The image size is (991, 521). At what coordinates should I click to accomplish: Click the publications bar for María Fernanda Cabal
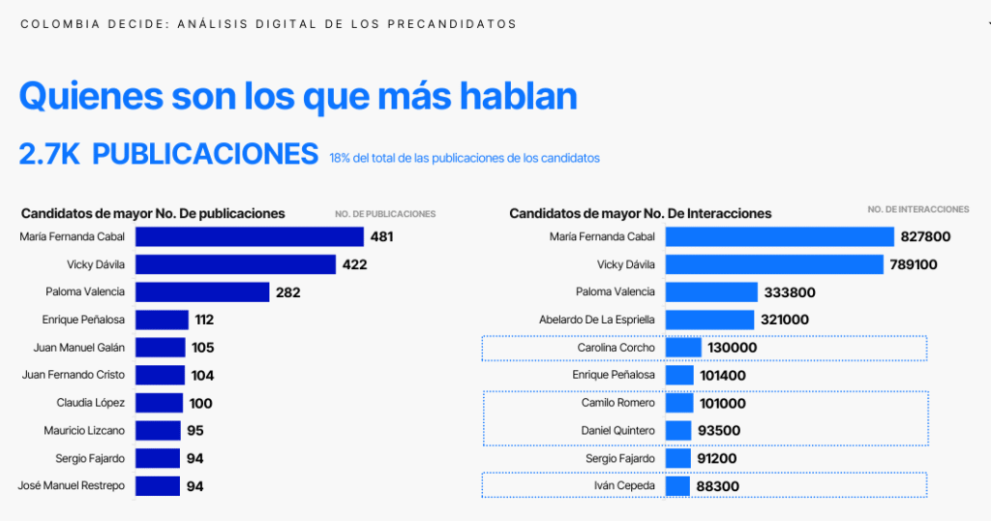[249, 236]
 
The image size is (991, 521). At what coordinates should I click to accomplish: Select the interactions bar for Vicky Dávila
[774, 264]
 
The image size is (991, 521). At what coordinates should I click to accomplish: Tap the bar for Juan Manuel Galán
[160, 348]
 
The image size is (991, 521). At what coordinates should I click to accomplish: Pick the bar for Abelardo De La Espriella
[709, 320]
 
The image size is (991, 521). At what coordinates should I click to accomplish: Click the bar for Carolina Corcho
[683, 348]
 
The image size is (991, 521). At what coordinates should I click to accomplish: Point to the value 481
[381, 236]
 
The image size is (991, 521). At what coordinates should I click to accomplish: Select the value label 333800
[789, 292]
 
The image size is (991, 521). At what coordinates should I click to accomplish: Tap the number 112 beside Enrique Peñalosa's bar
[204, 320]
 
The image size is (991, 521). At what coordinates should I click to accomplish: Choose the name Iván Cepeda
[625, 485]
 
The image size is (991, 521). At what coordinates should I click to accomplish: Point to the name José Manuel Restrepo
[72, 486]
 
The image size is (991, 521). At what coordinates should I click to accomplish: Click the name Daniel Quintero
[618, 430]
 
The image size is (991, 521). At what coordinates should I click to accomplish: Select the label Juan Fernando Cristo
[73, 375]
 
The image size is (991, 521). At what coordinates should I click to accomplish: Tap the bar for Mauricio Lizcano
[158, 431]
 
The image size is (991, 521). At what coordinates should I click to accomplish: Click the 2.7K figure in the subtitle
[49, 154]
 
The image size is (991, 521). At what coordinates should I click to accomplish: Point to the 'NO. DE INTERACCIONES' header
[917, 209]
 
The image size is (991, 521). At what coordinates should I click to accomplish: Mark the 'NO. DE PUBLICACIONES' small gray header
[385, 214]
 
